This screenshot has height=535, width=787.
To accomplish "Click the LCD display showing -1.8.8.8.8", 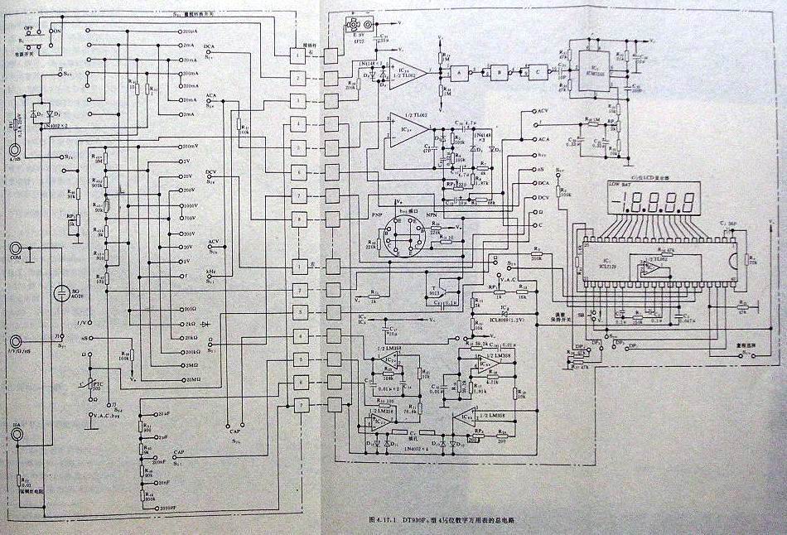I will coord(649,201).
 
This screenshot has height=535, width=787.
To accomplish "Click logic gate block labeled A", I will coord(456,74).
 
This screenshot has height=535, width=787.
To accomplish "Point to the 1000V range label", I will coord(191,205).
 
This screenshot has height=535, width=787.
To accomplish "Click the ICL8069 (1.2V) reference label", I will coord(506,318).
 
